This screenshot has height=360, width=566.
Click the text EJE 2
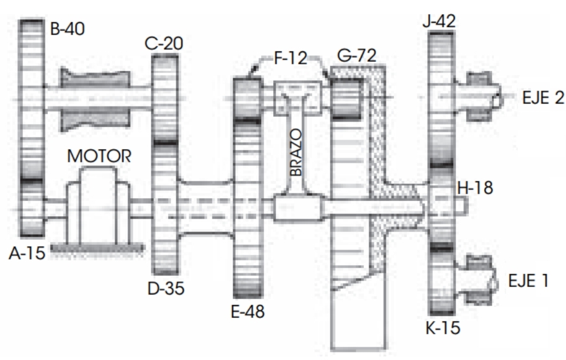click(x=543, y=98)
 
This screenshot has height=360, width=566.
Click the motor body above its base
click(x=97, y=205)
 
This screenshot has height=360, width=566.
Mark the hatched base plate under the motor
click(x=97, y=248)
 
